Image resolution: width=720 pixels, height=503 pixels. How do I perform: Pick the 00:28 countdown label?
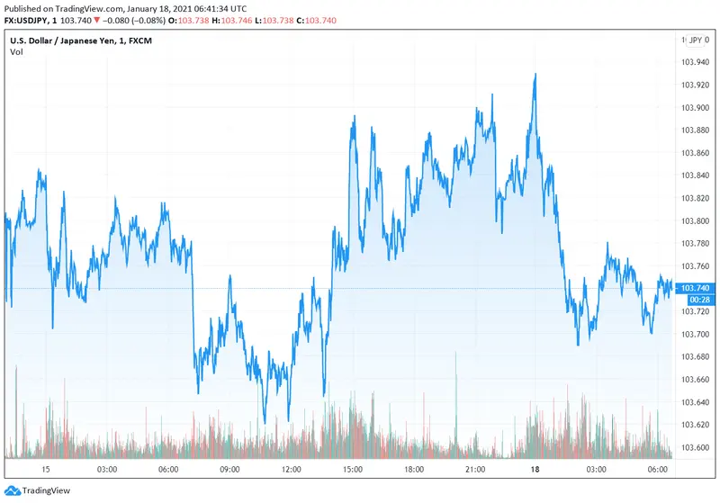pos(697,299)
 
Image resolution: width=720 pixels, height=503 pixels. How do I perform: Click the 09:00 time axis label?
pos(229,470)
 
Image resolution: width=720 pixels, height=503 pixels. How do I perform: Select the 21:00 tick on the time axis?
pos(475,470)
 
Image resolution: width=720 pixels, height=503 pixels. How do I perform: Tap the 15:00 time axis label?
pos(352,470)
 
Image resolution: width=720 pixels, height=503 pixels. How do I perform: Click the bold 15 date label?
pos(45,470)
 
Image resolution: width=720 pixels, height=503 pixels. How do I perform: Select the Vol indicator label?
pos(16,52)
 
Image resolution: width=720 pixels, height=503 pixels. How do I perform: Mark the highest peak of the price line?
pos(535,75)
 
